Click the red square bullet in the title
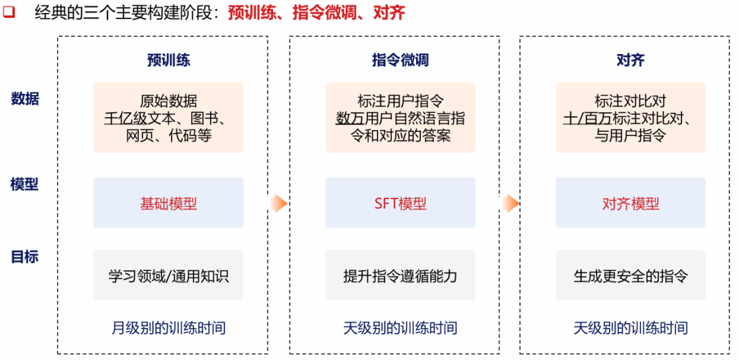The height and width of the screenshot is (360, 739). [x=9, y=12]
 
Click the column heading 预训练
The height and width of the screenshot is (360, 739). [x=168, y=60]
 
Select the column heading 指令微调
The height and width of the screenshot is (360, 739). [x=400, y=60]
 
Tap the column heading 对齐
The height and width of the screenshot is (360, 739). [x=630, y=60]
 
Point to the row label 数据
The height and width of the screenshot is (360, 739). [x=25, y=99]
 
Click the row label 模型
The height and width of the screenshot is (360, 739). [x=25, y=184]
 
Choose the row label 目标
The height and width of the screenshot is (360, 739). [x=25, y=257]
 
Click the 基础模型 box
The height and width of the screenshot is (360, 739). [x=168, y=203]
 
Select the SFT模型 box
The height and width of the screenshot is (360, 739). [x=400, y=203]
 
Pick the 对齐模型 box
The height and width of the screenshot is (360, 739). [x=630, y=203]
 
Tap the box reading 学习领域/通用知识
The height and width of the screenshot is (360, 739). [x=168, y=276]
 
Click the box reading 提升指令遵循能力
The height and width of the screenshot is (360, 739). [x=400, y=276]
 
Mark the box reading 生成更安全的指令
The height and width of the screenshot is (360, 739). [x=630, y=276]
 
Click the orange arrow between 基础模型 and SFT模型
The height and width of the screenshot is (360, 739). [x=277, y=203]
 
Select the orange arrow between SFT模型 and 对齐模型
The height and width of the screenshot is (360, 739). [x=509, y=203]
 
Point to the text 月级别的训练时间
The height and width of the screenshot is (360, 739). [x=168, y=328]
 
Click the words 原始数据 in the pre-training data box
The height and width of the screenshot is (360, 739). [x=168, y=101]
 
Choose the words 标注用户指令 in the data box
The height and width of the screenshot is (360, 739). [x=400, y=101]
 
